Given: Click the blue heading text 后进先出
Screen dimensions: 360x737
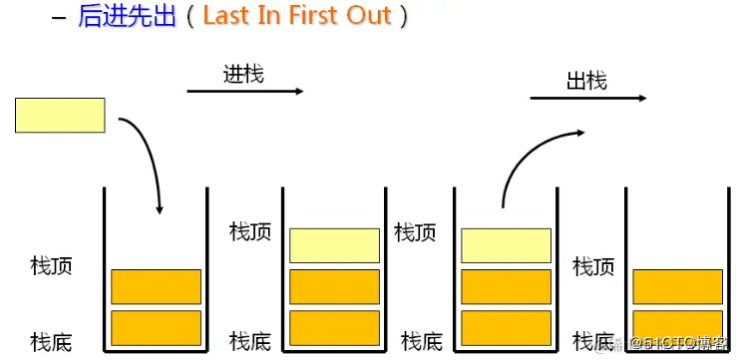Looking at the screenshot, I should (x=128, y=17).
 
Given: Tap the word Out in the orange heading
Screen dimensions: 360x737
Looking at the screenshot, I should (x=367, y=17).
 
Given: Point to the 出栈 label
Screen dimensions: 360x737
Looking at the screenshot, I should (x=586, y=80).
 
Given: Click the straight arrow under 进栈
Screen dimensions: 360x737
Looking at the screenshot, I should (x=244, y=92).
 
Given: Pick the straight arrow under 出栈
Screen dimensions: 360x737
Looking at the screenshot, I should (x=587, y=99).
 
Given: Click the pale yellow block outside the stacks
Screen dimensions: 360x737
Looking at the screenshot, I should (x=60, y=115).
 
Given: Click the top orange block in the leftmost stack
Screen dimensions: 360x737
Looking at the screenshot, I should (x=156, y=286).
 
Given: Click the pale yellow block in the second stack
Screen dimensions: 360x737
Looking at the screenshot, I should (x=334, y=245).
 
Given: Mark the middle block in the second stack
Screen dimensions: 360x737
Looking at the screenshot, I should (x=334, y=286).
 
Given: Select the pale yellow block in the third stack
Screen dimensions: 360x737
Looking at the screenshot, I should (x=506, y=245).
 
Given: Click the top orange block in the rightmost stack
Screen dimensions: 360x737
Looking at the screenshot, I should (x=678, y=286).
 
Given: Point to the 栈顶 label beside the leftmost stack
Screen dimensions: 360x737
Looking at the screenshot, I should (x=52, y=266).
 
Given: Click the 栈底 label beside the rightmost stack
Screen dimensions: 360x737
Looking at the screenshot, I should (x=592, y=341).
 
